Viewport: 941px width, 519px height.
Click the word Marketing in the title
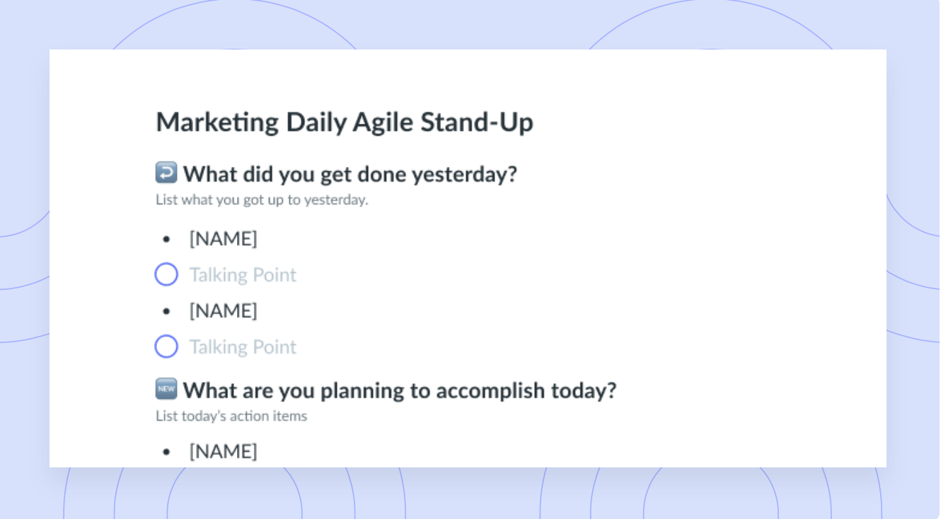[217, 122]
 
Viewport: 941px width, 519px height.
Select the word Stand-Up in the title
[477, 122]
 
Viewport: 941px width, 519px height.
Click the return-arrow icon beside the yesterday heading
[166, 172]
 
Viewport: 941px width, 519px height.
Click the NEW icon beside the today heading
[166, 388]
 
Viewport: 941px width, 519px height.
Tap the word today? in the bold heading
[584, 390]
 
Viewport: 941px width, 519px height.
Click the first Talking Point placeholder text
[243, 276]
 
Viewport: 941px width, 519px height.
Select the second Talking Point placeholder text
[243, 348]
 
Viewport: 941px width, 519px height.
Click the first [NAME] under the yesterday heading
[223, 239]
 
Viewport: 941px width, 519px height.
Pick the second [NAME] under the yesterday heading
[223, 311]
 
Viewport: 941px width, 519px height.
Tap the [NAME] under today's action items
[223, 452]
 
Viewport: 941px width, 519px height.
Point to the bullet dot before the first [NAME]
[166, 239]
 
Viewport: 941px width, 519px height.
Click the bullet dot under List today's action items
[166, 453]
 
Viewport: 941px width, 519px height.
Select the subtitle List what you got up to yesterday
[262, 200]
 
